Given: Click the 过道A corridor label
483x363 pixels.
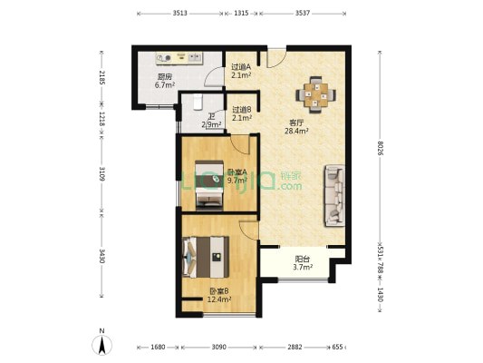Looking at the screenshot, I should coord(241,66).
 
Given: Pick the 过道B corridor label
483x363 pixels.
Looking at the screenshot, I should coord(241,110).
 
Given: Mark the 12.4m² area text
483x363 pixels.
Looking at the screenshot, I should coord(217,299).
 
